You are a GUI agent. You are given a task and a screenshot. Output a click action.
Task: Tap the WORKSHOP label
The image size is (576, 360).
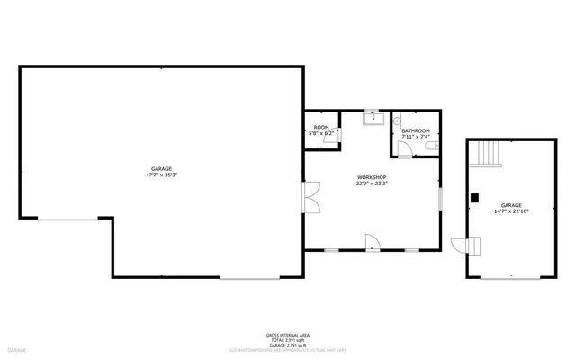tap(371, 177)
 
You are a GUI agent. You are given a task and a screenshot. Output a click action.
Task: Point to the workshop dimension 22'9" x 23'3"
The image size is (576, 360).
tap(371, 184)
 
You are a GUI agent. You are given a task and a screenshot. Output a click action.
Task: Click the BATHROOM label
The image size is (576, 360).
tap(415, 130)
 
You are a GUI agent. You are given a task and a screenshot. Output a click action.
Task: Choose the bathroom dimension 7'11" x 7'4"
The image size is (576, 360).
tap(415, 137)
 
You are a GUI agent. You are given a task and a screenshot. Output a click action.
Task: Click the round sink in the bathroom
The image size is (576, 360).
tap(397, 120)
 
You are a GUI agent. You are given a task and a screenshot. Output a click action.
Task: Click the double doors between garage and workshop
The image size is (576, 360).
tap(311, 197)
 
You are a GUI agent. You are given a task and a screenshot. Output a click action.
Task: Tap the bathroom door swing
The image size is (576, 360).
tap(405, 149)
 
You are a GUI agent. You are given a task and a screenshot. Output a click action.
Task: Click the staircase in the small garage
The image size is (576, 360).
tap(489, 154)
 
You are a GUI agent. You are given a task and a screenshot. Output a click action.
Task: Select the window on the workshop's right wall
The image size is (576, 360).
tap(439, 200)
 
